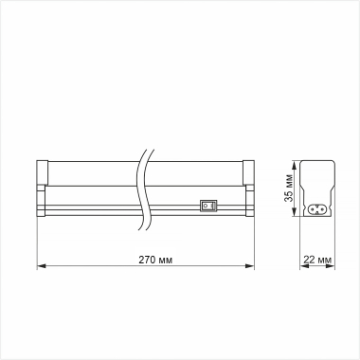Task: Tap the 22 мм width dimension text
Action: point(318,259)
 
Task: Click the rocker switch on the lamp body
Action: point(208,202)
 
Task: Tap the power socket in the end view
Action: point(317,208)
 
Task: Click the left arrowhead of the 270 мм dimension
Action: point(40,268)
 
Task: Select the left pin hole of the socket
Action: point(313,208)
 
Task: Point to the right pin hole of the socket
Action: point(322,208)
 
